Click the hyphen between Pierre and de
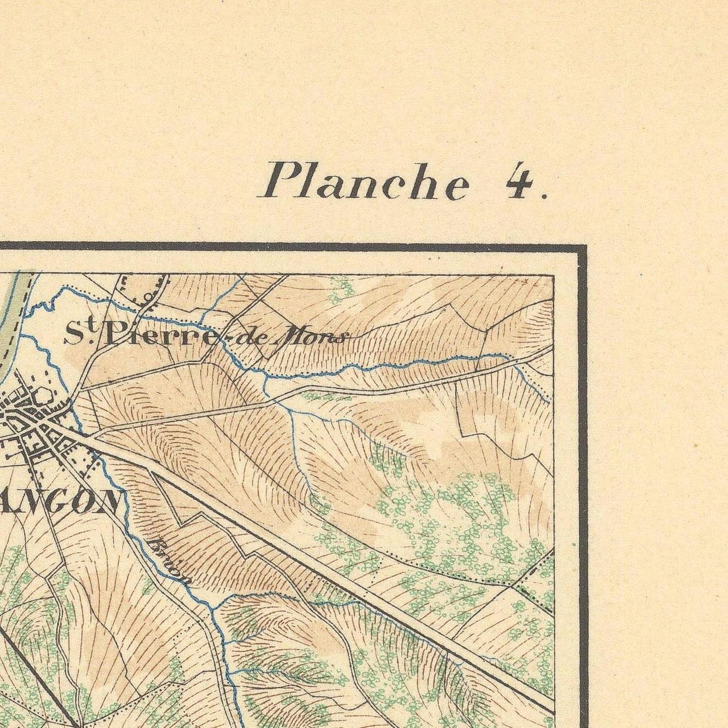click(x=223, y=341)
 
